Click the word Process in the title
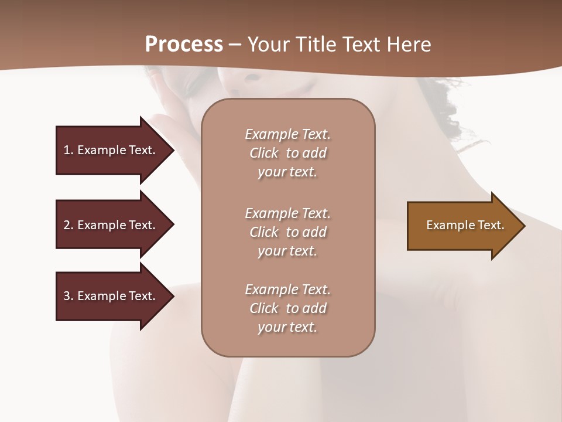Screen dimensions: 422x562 [184, 45]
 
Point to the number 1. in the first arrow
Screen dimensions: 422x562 [68, 150]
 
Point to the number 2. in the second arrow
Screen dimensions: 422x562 [68, 225]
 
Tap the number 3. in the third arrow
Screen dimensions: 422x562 [68, 296]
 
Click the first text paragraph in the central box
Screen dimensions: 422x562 [287, 153]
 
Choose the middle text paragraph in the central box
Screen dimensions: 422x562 [287, 232]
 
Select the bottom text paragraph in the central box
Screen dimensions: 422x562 [287, 308]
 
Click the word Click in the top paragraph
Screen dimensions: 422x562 [263, 153]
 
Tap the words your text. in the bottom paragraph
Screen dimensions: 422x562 [287, 327]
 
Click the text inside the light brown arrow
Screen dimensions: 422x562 [465, 225]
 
